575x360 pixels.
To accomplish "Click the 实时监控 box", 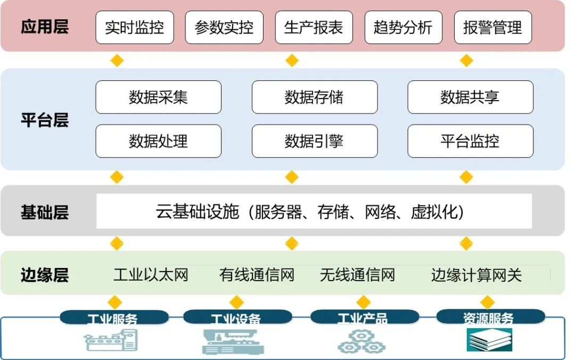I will coord(135,27).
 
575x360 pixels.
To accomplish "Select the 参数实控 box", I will coord(224,27).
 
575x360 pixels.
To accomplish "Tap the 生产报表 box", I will coord(314,27).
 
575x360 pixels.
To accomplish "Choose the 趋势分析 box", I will coord(403,27).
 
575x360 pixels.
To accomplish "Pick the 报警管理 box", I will coord(493,27).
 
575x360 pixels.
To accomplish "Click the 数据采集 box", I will coord(158,97).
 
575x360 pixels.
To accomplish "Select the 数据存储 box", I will coord(314,97).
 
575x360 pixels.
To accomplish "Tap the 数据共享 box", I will coord(470,97).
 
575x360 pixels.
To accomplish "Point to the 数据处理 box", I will coord(158,141).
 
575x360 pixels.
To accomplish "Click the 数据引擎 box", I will coord(314,141).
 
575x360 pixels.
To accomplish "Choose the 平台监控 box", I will coord(470,141).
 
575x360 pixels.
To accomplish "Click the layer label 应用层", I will coord(45,27).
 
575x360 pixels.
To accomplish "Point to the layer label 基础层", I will coord(45,212).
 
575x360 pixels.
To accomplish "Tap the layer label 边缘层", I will coord(45,275).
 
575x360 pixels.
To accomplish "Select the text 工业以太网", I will coord(151,275).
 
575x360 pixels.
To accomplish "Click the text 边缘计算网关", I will coord(476,275).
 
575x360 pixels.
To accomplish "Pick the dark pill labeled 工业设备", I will coord(237,318).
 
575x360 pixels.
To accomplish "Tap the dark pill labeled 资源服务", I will coord(488,317).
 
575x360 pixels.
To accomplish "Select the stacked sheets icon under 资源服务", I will coord(489,340).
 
